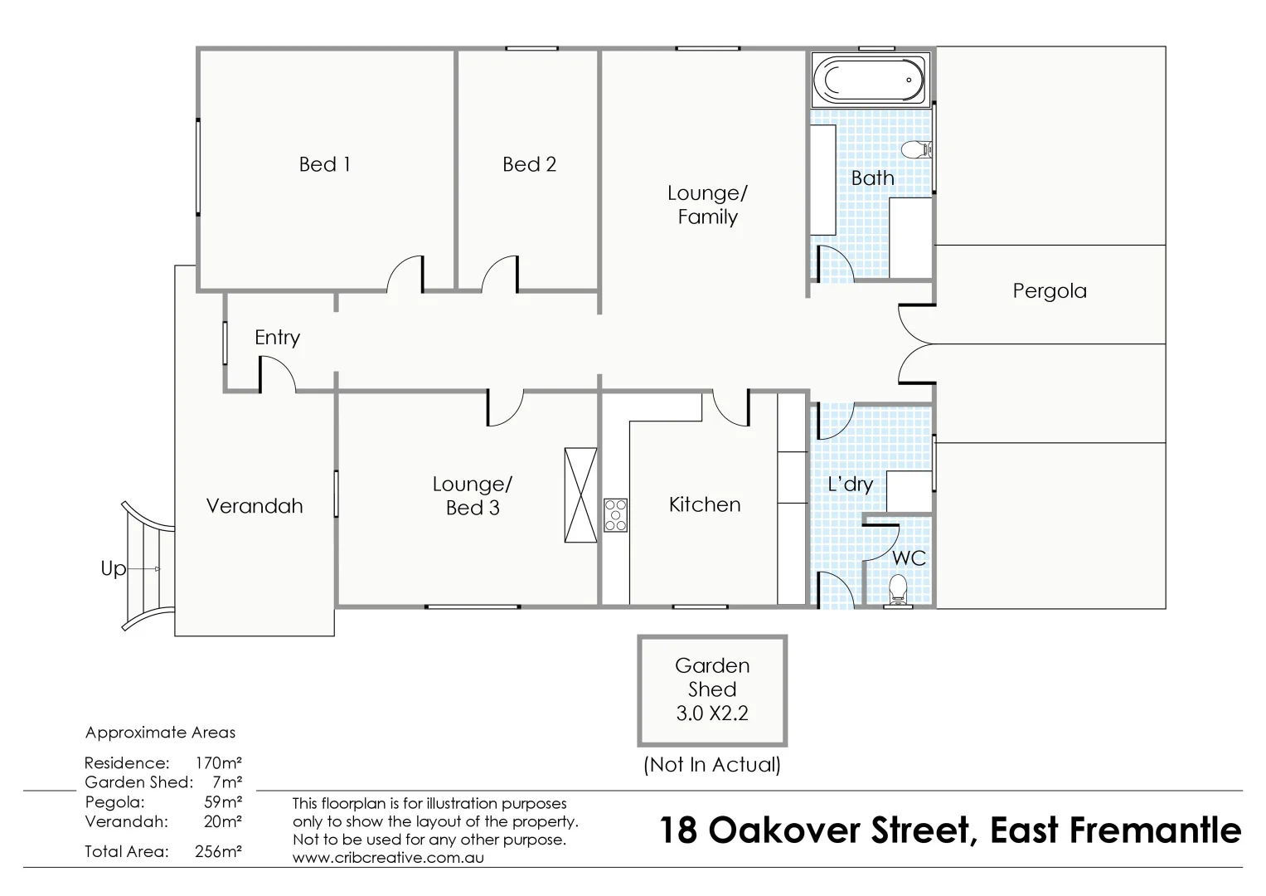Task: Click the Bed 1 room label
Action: tap(324, 164)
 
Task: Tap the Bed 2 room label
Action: tap(529, 164)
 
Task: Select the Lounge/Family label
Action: tap(707, 205)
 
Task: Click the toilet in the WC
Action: tap(897, 591)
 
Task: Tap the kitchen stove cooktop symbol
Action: tap(615, 515)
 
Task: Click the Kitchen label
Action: tap(704, 504)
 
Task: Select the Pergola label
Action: tap(1049, 291)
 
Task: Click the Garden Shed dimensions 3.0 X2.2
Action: tap(711, 713)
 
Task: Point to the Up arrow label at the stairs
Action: tap(114, 568)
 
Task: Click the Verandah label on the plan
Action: tap(255, 506)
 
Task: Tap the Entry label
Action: tap(277, 338)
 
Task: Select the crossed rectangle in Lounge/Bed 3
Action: tap(580, 495)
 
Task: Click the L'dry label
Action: tap(850, 484)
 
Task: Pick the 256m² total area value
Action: tap(219, 851)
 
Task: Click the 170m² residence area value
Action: tap(219, 762)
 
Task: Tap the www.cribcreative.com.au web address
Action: tap(388, 858)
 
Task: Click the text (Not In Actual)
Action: tap(711, 765)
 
